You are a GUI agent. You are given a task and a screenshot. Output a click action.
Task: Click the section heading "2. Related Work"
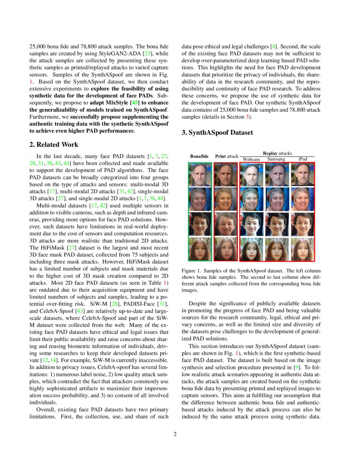(x=54, y=145)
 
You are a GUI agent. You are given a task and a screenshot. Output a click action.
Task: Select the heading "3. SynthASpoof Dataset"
(x=217, y=133)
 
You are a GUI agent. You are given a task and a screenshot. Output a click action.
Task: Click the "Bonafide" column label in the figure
(x=199, y=156)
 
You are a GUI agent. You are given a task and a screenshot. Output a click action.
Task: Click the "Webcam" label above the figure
(x=251, y=159)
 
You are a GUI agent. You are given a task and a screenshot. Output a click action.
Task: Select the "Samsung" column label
(x=276, y=159)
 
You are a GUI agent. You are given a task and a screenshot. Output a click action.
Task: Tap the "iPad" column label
(x=303, y=159)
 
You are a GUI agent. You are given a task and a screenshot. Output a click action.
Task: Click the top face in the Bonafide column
(x=199, y=175)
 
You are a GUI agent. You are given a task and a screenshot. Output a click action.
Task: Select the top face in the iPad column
(x=303, y=175)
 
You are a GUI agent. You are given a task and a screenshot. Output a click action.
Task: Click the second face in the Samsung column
(x=277, y=200)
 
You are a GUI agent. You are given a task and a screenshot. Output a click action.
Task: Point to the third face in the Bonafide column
(x=199, y=225)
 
